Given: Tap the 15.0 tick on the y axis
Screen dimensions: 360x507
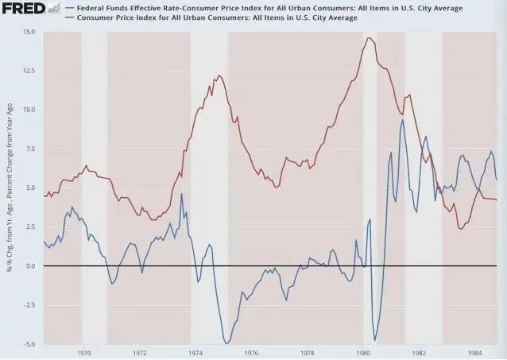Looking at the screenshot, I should tap(29, 32).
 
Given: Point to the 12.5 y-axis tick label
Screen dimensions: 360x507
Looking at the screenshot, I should tap(29, 71).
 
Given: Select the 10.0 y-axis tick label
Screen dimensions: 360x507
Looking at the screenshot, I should tap(29, 110).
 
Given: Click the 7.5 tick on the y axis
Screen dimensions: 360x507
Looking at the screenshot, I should tap(31, 149).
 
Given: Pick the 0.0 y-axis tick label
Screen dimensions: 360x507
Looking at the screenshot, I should tap(31, 266).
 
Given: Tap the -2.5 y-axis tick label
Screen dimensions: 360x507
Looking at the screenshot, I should tap(29, 305).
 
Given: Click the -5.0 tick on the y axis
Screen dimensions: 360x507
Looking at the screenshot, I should tap(29, 344).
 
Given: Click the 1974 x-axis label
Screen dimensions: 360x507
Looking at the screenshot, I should tap(195, 352).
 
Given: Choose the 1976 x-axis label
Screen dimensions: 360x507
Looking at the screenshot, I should tap(251, 352).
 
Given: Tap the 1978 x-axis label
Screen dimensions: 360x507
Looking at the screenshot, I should tap(307, 352).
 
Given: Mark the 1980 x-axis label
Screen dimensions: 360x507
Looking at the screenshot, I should tap(363, 352).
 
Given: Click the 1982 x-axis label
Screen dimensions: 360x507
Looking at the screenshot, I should tap(419, 352).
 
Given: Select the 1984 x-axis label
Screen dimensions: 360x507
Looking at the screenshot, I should tap(474, 352).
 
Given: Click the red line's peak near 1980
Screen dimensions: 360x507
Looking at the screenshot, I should tap(369, 38).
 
